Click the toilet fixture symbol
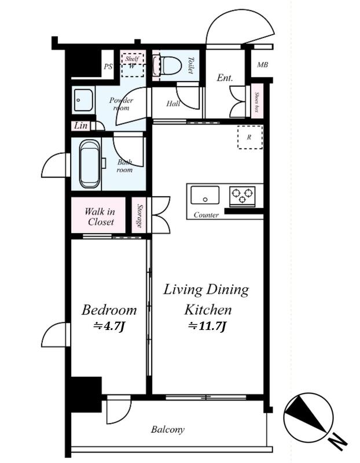167,65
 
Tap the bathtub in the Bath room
90,164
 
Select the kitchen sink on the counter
205,195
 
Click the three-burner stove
243,196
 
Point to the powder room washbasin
83,100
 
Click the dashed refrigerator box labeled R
250,137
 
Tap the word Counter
206,215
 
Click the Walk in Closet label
100,216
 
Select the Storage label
140,216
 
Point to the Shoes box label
257,102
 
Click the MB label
262,64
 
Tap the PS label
108,67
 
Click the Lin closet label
80,126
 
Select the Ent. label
225,78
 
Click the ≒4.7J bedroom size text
110,326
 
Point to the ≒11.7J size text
207,326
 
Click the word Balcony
168,429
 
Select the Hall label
173,104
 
